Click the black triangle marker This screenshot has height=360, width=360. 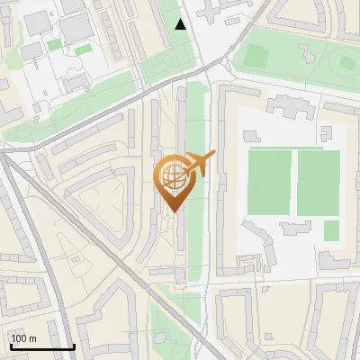point(181,24)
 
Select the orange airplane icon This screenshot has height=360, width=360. point(200,164)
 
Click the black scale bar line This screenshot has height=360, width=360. point(41,346)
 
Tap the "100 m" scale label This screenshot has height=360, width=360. point(23,338)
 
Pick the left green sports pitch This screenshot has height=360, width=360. point(269,183)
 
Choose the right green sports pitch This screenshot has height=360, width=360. point(319,183)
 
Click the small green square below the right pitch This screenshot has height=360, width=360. point(331,230)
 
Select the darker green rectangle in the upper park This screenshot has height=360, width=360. point(256,57)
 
